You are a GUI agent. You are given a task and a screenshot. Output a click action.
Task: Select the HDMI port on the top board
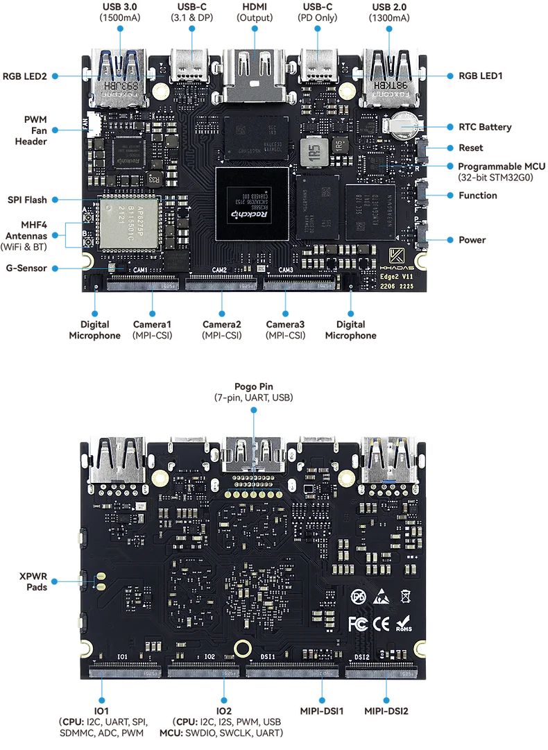[251, 73]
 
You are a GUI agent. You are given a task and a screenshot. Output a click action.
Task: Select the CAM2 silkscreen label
[219, 270]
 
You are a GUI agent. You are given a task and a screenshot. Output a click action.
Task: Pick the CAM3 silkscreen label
[285, 270]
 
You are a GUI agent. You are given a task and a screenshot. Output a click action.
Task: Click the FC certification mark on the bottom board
[357, 622]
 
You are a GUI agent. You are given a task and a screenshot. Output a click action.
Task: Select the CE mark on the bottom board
[381, 622]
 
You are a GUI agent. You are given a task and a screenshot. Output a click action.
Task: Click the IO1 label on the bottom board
[122, 656]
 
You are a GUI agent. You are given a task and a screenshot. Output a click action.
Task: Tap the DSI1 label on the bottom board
[268, 656]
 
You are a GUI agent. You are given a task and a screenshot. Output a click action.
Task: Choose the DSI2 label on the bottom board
[361, 656]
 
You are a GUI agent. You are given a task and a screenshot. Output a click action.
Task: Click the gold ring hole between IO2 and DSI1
[242, 648]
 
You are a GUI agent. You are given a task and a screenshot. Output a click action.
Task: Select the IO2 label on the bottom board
[210, 656]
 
